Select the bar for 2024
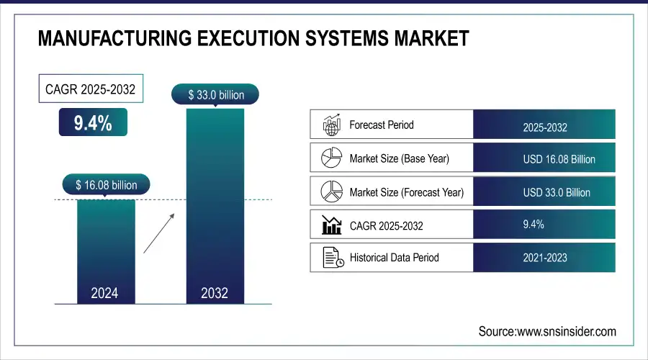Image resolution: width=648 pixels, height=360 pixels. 106,245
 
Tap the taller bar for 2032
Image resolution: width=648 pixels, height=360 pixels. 215,202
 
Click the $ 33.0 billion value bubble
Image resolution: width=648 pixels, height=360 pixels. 215,94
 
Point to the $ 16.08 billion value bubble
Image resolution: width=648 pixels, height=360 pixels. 106,185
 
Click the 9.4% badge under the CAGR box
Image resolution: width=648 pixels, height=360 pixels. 93,123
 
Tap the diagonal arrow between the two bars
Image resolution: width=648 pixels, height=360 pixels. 158,233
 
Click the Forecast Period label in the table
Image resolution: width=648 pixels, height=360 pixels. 381,125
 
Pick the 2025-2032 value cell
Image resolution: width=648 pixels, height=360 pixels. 544,127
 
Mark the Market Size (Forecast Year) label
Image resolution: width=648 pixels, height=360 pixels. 406,192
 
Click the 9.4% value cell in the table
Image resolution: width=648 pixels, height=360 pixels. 533,225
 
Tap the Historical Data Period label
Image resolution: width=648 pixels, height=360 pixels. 394,257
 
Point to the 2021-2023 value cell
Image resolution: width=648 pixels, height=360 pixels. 544,258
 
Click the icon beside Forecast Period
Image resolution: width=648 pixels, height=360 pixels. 330,125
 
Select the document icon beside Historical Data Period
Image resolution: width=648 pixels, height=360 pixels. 330,258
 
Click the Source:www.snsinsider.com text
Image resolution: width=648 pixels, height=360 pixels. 547,331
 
